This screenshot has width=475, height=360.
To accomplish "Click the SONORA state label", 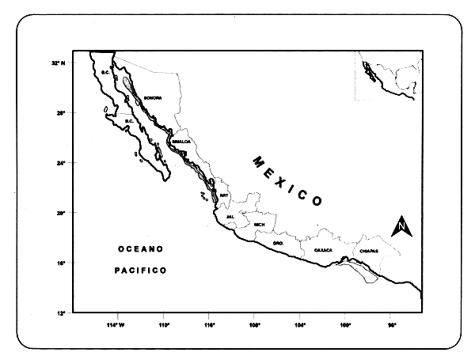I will pyautogui.click(x=153, y=98).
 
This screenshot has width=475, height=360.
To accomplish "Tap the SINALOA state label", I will pyautogui.click(x=181, y=142).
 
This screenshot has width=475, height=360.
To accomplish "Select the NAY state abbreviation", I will pyautogui.click(x=224, y=195).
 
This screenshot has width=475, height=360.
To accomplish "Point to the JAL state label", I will pyautogui.click(x=230, y=216).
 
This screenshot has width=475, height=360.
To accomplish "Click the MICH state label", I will pyautogui.click(x=259, y=225).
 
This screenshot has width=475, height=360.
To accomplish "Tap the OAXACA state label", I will pyautogui.click(x=323, y=250).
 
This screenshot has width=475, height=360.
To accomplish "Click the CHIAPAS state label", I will pyautogui.click(x=369, y=251).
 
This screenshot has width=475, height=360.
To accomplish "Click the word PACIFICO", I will pyautogui.click(x=139, y=271).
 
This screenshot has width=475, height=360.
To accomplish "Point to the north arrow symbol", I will pyautogui.click(x=402, y=226).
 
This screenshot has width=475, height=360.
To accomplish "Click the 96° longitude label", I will pyautogui.click(x=391, y=325).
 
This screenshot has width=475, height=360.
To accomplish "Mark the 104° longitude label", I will pyautogui.click(x=300, y=325).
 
